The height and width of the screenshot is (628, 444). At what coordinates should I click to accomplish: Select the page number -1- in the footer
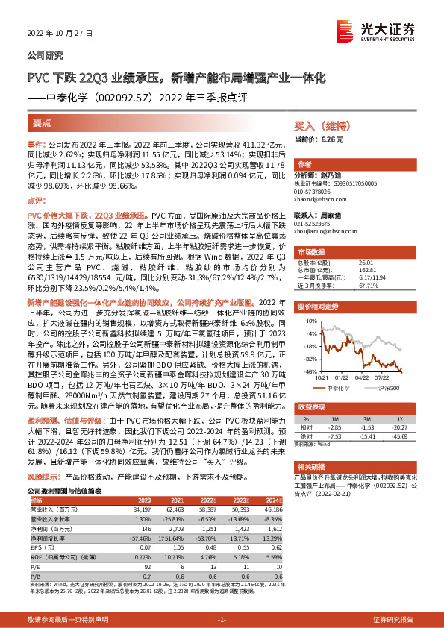[222, 620]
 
